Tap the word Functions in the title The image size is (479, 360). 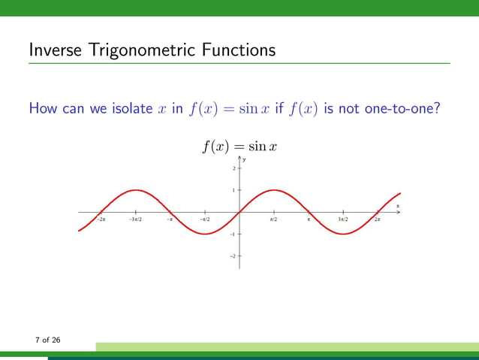tap(237, 51)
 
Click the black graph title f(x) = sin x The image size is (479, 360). tap(239, 146)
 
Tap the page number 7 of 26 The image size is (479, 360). tap(48, 340)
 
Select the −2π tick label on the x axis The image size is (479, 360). tap(101, 219)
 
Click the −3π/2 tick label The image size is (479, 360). tap(136, 219)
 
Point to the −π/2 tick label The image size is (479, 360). tap(204, 219)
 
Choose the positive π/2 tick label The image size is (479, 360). tap(274, 219)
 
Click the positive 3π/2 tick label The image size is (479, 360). tap(343, 219)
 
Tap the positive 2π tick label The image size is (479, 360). tap(378, 219)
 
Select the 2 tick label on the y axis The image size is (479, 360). tap(233, 168)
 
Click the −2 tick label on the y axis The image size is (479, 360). tap(233, 256)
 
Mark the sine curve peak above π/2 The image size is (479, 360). tap(274, 189)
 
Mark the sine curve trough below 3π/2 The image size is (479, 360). tap(343, 234)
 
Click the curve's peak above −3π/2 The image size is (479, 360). tap(135, 189)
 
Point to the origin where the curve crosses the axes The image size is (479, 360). tap(239, 212)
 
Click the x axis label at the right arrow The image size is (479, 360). tap(398, 205)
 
